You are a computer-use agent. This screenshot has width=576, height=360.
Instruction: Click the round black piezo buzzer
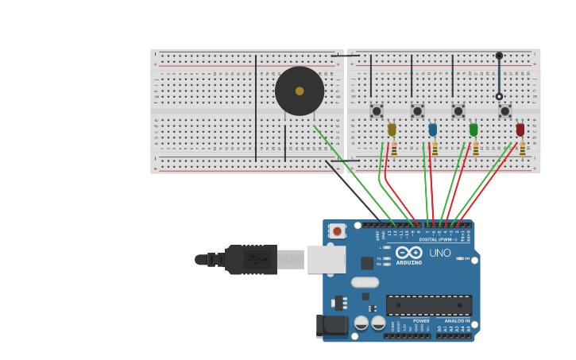(x=300, y=91)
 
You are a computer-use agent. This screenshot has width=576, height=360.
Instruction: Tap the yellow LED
(x=392, y=129)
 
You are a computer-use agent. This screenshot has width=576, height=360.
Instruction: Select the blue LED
(x=432, y=129)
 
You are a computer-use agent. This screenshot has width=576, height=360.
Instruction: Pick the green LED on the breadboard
(x=474, y=129)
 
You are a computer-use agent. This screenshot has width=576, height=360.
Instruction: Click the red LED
(x=520, y=129)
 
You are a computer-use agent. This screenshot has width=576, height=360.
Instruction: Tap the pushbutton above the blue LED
(x=417, y=110)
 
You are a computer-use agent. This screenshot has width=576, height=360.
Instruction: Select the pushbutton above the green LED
(x=458, y=110)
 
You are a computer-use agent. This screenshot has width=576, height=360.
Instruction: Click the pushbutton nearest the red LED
(x=504, y=110)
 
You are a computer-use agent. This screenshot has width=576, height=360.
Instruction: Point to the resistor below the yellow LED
(x=394, y=149)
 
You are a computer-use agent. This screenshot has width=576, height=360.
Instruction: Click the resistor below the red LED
(x=523, y=149)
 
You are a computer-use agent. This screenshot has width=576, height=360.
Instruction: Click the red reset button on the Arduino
(x=338, y=231)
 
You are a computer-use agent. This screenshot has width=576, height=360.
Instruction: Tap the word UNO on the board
(x=440, y=253)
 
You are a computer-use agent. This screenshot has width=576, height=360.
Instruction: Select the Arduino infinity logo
(x=408, y=253)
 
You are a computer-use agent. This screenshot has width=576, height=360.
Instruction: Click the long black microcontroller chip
(x=429, y=304)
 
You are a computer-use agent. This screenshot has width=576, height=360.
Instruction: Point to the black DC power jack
(x=331, y=325)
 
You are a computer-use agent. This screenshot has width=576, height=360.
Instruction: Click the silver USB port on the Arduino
(x=327, y=259)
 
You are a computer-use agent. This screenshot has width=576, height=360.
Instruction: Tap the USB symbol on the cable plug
(x=252, y=259)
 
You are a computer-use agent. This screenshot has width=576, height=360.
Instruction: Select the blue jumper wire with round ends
(x=499, y=75)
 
